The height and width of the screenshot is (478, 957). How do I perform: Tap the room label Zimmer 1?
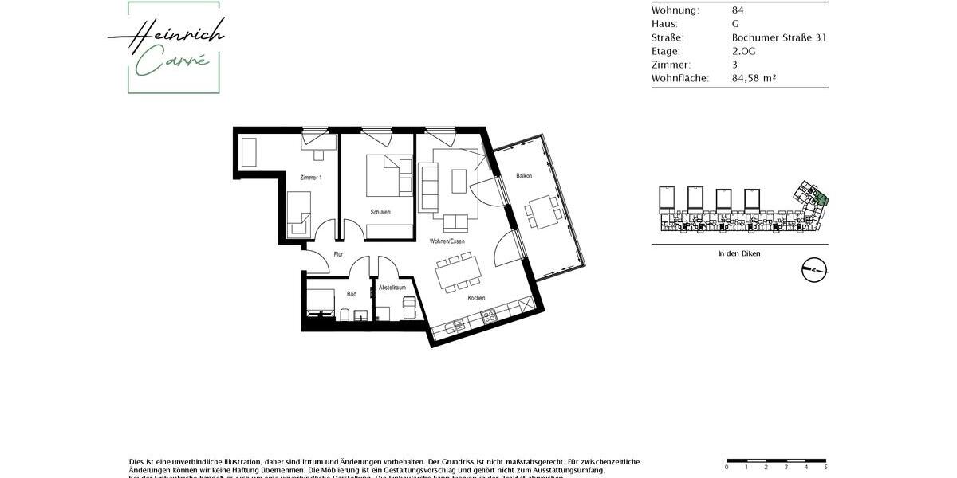point(311,177)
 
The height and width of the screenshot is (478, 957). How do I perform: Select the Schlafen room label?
point(380,212)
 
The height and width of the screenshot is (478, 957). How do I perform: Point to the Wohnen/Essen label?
point(447,241)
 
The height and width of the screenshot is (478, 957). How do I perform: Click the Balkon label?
point(524,175)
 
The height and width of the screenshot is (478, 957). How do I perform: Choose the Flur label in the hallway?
point(338,255)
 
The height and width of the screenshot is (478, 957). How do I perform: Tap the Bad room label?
point(352,294)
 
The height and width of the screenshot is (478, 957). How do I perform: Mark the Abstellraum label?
point(392,287)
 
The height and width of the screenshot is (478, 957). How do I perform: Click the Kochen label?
point(477,298)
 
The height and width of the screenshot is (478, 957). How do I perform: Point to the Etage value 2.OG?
point(743,51)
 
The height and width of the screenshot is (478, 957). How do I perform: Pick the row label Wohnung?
point(675,10)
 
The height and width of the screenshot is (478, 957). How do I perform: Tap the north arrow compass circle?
point(814,270)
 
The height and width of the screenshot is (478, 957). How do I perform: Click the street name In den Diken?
point(739,253)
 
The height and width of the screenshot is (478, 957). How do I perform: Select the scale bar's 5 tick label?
point(825,468)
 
